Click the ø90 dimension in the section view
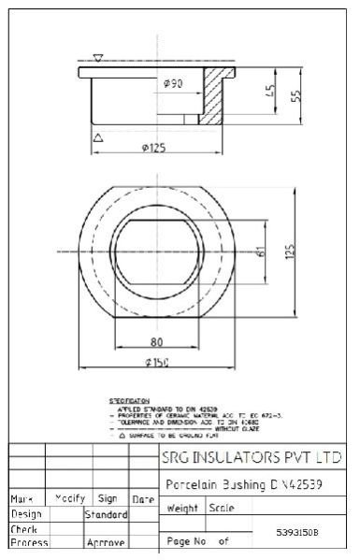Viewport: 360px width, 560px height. [x=172, y=84]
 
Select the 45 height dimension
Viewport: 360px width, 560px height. [x=270, y=92]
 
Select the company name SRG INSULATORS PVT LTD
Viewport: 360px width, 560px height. [x=251, y=459]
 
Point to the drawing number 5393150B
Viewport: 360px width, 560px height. [x=297, y=532]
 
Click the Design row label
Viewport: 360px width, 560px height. [x=25, y=514]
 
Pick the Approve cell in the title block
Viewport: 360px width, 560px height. [x=106, y=542]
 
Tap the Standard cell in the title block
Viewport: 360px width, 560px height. [x=106, y=514]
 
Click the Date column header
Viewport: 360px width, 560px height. [x=143, y=500]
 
